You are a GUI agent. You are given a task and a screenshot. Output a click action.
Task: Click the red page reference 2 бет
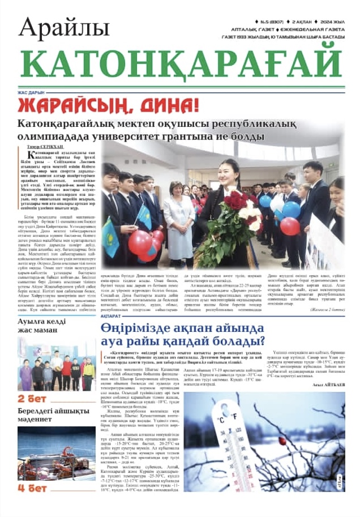(32, 398)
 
